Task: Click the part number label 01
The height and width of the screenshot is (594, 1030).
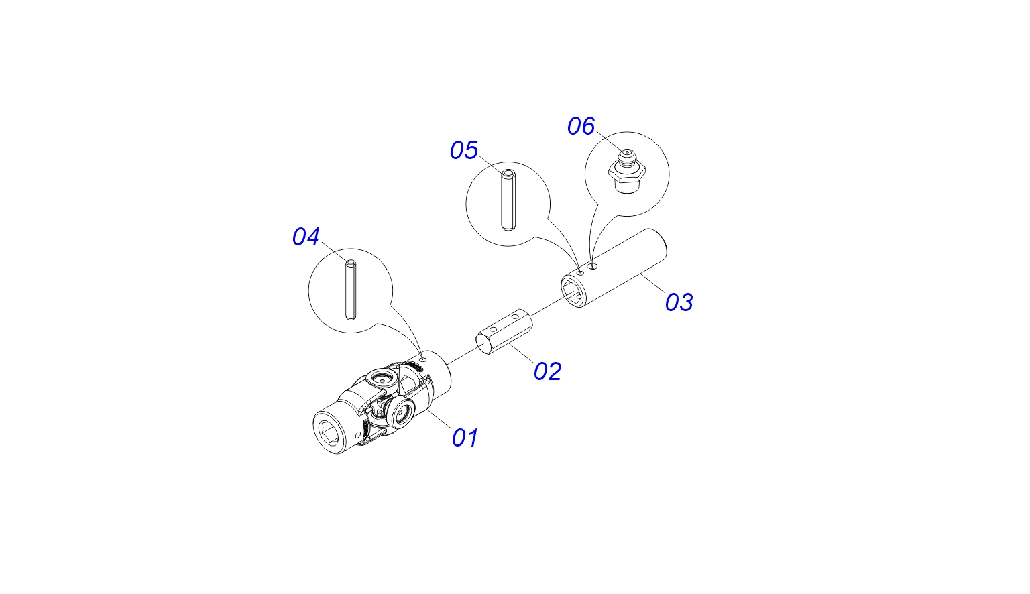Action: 465,438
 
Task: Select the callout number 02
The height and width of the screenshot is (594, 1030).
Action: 547,371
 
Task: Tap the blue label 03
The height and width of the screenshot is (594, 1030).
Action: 679,302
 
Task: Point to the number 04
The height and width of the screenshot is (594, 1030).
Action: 306,237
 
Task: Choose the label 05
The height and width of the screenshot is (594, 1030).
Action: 464,150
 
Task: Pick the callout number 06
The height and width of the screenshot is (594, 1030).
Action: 581,126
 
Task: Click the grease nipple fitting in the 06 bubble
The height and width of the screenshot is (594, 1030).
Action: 627,170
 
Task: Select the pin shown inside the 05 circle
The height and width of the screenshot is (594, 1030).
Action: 508,200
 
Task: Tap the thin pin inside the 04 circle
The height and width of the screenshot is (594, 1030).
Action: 351,290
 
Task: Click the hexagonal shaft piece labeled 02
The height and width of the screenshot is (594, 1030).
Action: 504,331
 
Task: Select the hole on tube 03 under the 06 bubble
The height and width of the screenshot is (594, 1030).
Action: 593,266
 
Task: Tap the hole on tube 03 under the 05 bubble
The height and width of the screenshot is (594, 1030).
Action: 580,273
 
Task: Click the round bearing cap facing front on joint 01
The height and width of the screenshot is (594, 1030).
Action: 401,414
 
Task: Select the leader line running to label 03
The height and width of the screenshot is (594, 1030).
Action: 652,283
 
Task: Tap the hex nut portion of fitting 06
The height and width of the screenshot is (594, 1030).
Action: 627,172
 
